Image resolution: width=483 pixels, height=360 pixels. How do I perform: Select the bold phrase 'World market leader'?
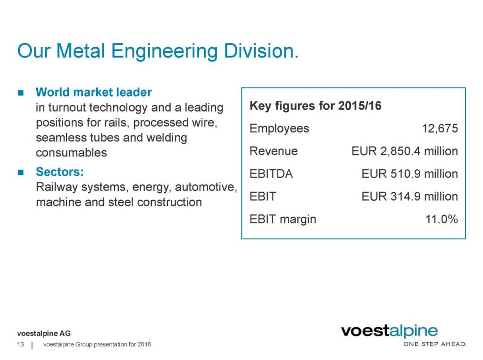click(94, 91)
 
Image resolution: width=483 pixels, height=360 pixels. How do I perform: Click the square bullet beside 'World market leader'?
click(20, 92)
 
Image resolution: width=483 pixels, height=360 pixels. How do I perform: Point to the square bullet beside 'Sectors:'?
click(20, 172)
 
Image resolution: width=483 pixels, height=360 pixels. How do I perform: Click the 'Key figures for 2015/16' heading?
click(315, 106)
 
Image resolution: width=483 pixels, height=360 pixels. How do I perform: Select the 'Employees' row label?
click(279, 128)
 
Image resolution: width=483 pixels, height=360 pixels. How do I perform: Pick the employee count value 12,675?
click(440, 129)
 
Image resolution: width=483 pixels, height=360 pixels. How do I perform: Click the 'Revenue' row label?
click(274, 151)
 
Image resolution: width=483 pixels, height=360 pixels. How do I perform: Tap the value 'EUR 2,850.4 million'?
click(405, 151)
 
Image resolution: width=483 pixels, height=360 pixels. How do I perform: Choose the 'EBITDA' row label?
click(271, 173)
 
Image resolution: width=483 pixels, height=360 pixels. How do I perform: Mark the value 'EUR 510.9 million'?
click(409, 173)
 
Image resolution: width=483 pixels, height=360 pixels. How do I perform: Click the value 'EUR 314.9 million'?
click(409, 196)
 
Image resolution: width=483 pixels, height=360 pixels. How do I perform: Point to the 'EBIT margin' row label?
click(283, 219)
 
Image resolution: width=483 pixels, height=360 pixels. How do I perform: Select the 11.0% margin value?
click(441, 219)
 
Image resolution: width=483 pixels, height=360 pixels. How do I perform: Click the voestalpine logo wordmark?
click(389, 332)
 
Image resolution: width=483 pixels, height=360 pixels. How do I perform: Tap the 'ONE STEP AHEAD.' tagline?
click(434, 344)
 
